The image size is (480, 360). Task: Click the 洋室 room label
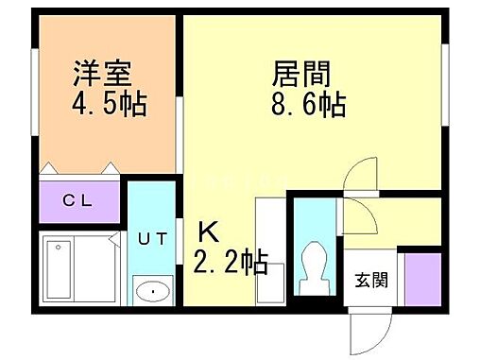[x=103, y=73]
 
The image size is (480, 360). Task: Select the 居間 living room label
[x=300, y=73]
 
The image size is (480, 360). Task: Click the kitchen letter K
[x=206, y=231]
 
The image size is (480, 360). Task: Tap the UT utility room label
[x=151, y=238]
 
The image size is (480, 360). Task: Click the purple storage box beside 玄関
[x=420, y=281]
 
